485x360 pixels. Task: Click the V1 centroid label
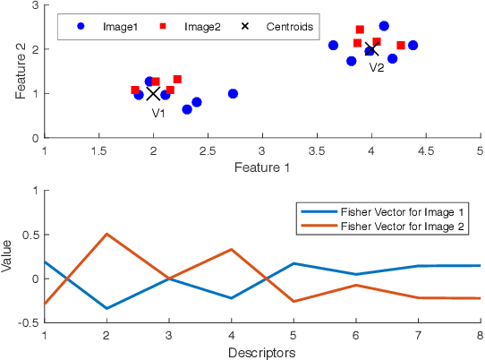[x=157, y=113]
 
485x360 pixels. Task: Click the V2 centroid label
[x=377, y=67]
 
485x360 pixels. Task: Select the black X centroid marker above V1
[x=153, y=93]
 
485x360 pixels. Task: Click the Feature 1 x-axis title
[x=262, y=167]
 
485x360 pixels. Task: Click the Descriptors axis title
[x=262, y=353]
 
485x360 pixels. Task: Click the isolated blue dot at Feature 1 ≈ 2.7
[x=233, y=94]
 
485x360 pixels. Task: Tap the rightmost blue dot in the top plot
[x=413, y=45]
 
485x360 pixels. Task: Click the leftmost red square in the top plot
[x=135, y=90]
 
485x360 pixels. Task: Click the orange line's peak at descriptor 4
[x=232, y=250]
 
